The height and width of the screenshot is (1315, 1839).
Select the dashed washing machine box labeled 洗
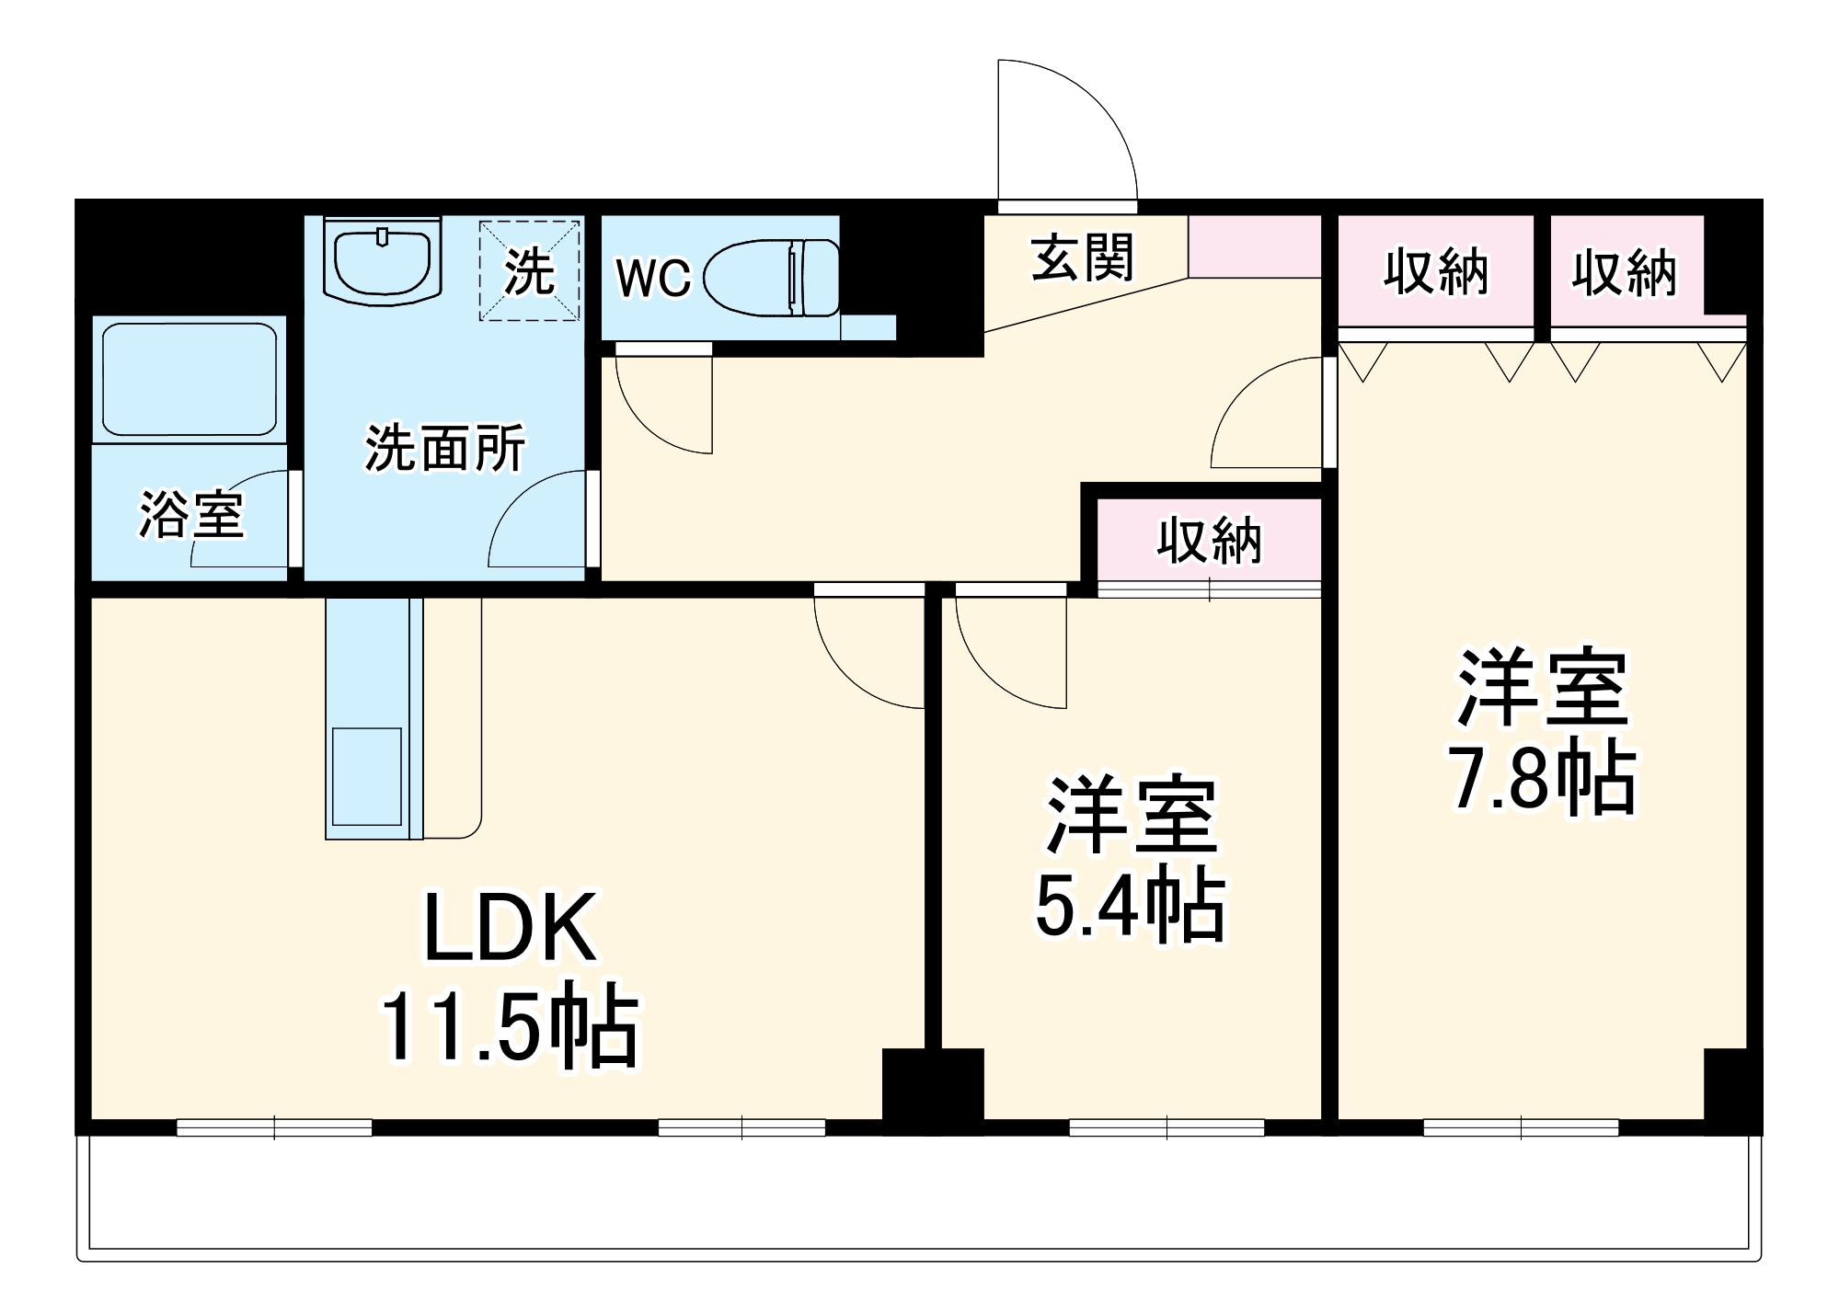tap(530, 270)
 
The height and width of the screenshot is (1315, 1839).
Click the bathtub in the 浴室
tap(190, 379)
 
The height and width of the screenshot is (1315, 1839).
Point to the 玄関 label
tap(1082, 258)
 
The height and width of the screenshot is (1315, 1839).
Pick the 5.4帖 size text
tap(1131, 906)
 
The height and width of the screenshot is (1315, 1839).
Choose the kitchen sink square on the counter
tap(366, 776)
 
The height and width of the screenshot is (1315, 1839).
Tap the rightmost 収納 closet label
tap(1624, 273)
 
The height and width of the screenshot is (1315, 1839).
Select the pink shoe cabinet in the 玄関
tap(1254, 246)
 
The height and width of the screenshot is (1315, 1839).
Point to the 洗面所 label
tap(445, 448)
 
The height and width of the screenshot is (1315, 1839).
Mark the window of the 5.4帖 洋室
tap(1167, 1126)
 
